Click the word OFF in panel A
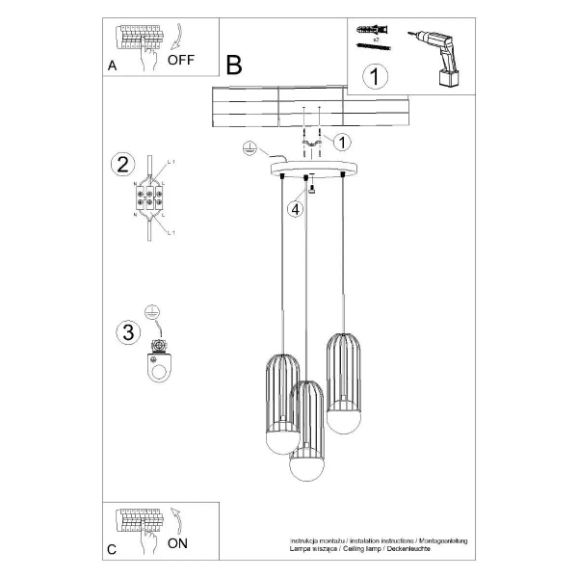click(x=180, y=60)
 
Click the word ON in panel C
click(x=177, y=542)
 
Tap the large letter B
click(x=234, y=65)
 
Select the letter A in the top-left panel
click(x=113, y=66)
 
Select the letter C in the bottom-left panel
click(x=112, y=550)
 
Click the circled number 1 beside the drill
click(x=376, y=74)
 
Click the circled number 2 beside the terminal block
click(x=121, y=164)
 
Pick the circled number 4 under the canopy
click(x=297, y=208)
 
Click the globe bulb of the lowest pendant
click(x=306, y=465)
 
